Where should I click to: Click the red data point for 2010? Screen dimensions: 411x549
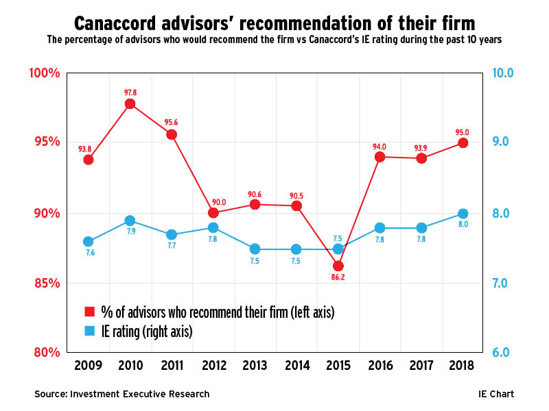tap(130, 104)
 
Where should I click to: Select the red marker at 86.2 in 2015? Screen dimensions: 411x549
tap(338, 266)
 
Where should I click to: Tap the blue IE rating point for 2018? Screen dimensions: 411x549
tap(463, 214)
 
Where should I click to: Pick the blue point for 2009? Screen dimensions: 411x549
tap(89, 242)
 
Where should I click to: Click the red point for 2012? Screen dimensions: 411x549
tap(213, 213)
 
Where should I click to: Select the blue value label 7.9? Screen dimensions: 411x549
tap(130, 233)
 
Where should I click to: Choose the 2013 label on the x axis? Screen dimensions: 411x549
tap(255, 365)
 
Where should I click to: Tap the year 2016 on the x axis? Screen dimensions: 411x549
tap(379, 365)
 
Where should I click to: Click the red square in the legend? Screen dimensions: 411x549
tap(89, 312)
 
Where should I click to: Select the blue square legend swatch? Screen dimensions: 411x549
tap(89, 332)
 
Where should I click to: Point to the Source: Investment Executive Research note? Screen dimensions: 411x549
tap(122, 394)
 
